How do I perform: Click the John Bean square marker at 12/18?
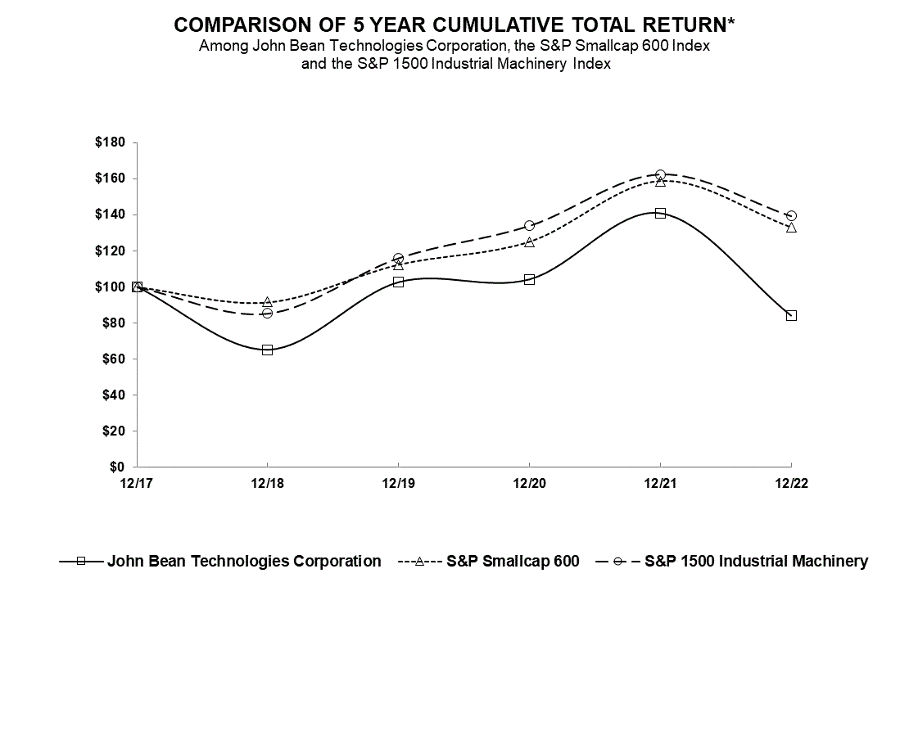pyautogui.click(x=267, y=350)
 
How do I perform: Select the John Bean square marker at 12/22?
pyautogui.click(x=791, y=315)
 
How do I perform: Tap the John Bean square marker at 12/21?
pyautogui.click(x=660, y=213)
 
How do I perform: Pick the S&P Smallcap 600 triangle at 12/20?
pyautogui.click(x=529, y=242)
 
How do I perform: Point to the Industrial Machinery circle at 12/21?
pyautogui.click(x=660, y=174)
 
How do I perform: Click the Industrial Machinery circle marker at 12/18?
pyautogui.click(x=267, y=313)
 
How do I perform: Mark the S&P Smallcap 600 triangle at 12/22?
pyautogui.click(x=791, y=227)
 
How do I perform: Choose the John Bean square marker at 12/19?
pyautogui.click(x=398, y=282)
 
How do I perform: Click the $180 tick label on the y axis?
pyautogui.click(x=111, y=142)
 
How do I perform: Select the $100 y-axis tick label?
pyautogui.click(x=111, y=287)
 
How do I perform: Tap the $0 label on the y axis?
pyautogui.click(x=118, y=467)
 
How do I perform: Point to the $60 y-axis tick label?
pyautogui.click(x=115, y=359)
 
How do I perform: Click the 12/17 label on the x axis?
pyautogui.click(x=136, y=483)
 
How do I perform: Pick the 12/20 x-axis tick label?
pyautogui.click(x=529, y=483)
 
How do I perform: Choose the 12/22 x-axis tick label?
pyautogui.click(x=791, y=483)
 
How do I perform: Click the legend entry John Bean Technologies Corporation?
pyautogui.click(x=243, y=561)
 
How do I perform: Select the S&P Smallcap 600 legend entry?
pyautogui.click(x=513, y=561)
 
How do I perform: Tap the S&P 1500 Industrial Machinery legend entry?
pyautogui.click(x=756, y=561)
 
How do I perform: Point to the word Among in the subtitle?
pyautogui.click(x=221, y=46)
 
